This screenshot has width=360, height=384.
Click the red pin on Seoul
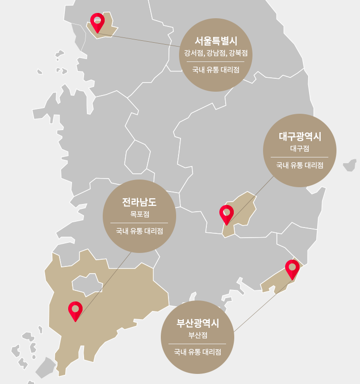tap(97, 21)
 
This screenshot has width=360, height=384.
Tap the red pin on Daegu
tap(227, 213)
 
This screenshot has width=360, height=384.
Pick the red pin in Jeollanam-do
tap(75, 310)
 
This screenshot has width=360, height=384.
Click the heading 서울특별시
tap(216, 41)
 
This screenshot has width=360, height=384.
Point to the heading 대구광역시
tap(300, 136)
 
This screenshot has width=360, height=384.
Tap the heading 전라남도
tap(139, 202)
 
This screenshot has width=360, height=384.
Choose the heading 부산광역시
tap(198, 323)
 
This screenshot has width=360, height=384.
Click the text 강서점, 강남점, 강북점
tap(216, 53)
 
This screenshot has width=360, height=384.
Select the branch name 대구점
tap(300, 148)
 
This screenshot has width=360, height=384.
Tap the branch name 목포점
tap(139, 214)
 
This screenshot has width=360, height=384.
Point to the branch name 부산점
tap(198, 335)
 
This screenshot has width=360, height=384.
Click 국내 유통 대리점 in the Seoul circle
tap(216, 70)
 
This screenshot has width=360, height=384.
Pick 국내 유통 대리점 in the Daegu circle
tap(300, 165)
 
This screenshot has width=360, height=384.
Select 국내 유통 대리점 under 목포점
tap(139, 231)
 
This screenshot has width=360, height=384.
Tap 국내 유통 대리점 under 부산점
tap(198, 352)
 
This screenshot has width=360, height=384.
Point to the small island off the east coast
tap(350, 165)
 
